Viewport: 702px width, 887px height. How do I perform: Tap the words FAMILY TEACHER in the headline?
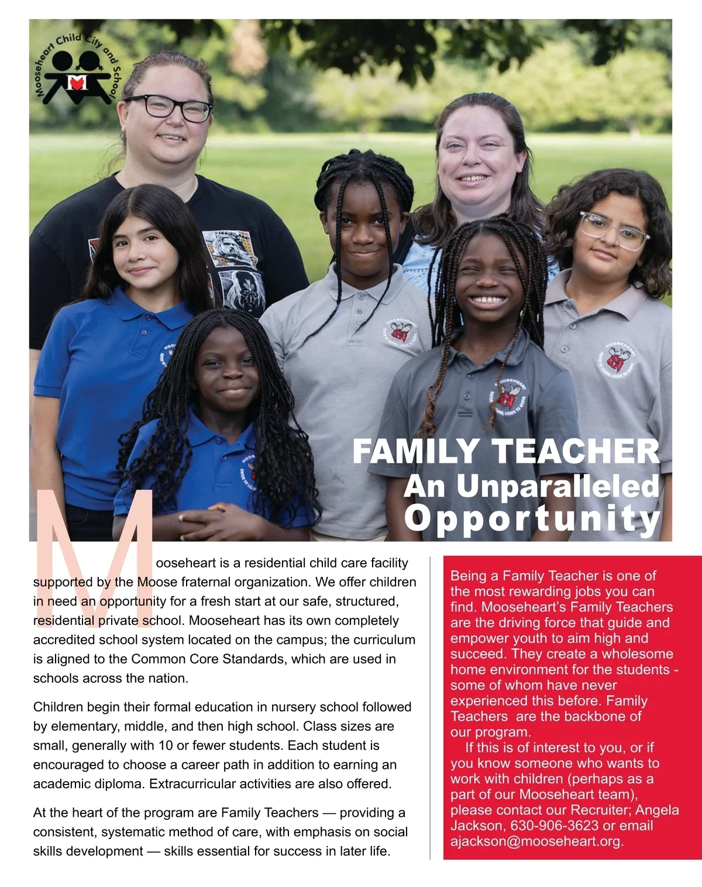point(506,452)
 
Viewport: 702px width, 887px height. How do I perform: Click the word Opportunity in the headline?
point(532,519)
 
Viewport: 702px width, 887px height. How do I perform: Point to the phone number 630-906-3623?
point(555,826)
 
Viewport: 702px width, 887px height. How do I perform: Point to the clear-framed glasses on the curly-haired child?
point(614,231)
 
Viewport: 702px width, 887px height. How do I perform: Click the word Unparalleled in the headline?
point(557,486)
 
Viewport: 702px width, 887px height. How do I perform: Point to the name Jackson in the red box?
point(476,826)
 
